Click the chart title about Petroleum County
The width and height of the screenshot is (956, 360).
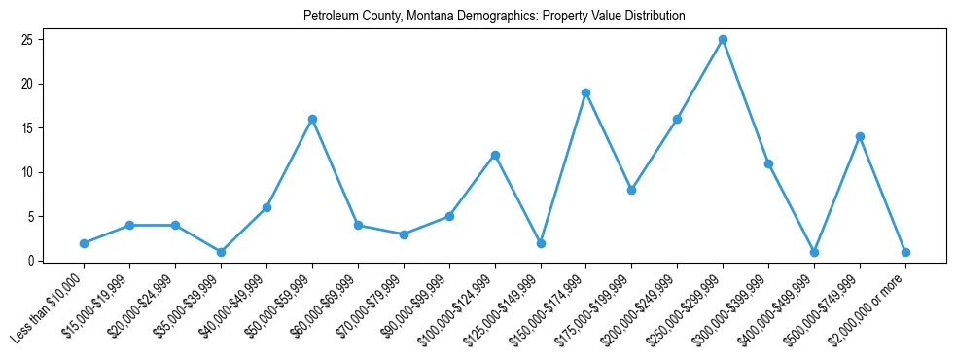(494, 17)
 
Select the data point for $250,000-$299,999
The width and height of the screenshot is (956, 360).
(723, 40)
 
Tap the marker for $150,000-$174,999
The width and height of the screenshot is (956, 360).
(586, 92)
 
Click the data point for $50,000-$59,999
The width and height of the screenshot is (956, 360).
(312, 119)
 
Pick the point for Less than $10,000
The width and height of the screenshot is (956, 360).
(85, 243)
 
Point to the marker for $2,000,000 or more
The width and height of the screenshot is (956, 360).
(905, 252)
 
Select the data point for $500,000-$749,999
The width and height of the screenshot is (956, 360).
(860, 137)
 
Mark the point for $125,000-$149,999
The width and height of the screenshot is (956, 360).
(541, 243)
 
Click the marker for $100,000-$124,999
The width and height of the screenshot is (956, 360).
(495, 155)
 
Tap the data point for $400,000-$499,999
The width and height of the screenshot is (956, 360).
(814, 252)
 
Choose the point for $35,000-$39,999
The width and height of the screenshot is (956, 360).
(221, 252)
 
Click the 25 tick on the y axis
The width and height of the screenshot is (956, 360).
(28, 40)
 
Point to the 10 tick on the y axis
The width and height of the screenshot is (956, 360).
(28, 172)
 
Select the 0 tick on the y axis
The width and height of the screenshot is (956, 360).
(31, 261)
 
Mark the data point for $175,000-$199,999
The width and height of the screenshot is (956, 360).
(632, 190)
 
